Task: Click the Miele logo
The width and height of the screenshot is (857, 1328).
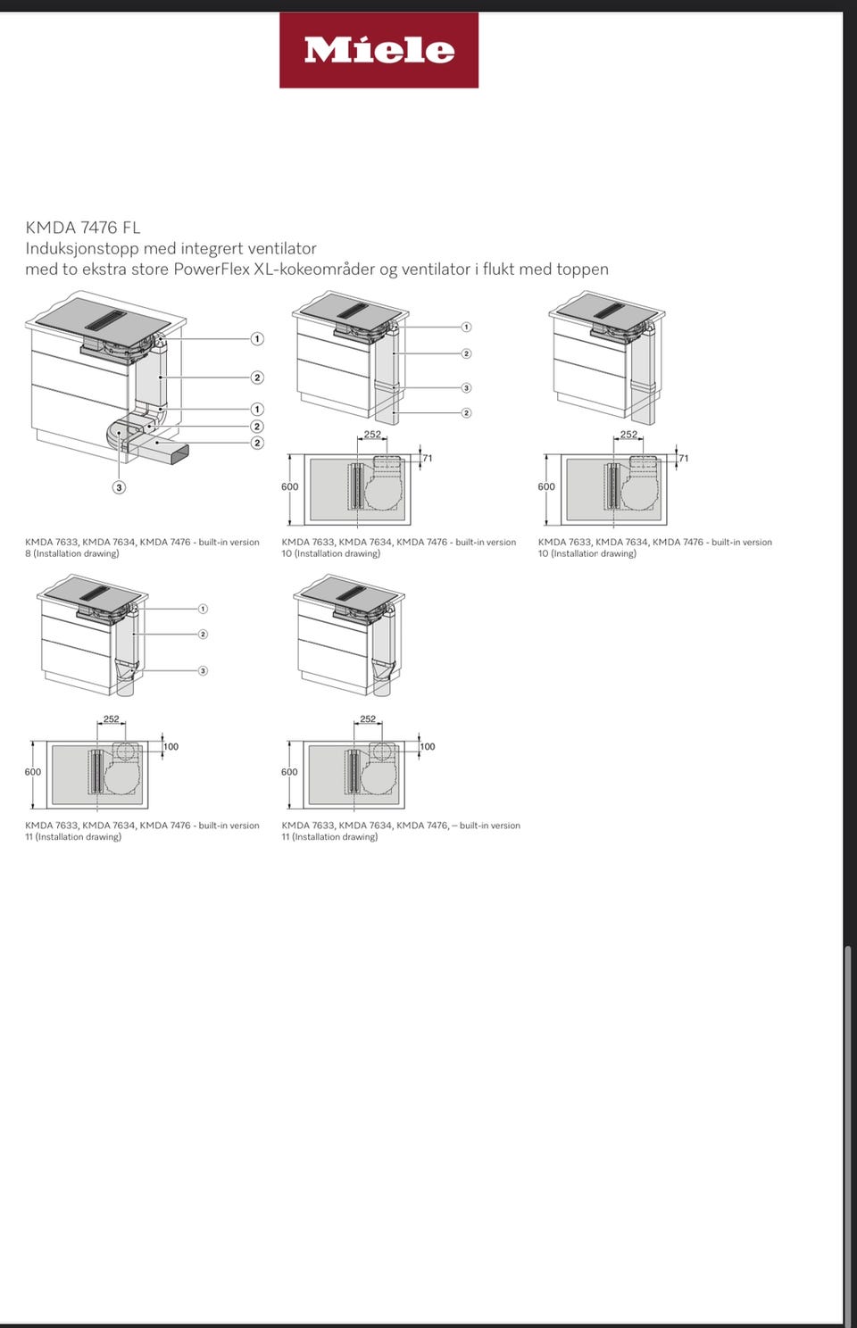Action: [x=379, y=50]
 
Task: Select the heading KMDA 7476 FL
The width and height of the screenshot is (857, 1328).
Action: [x=83, y=228]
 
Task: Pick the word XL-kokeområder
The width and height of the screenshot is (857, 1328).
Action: [x=314, y=270]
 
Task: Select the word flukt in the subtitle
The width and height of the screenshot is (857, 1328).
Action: [x=499, y=270]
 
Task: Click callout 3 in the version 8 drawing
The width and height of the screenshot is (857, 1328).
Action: [x=120, y=487]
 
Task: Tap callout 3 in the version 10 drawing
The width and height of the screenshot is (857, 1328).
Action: [x=466, y=387]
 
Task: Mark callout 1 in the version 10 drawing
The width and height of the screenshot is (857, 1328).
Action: [x=466, y=327]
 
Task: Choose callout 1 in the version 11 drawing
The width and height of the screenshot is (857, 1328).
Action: [x=203, y=609]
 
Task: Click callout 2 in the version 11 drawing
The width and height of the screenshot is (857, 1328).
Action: [x=203, y=635]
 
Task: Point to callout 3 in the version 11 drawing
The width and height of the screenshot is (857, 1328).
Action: [x=203, y=670]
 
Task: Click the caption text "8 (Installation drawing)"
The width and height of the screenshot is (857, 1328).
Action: [x=72, y=553]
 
